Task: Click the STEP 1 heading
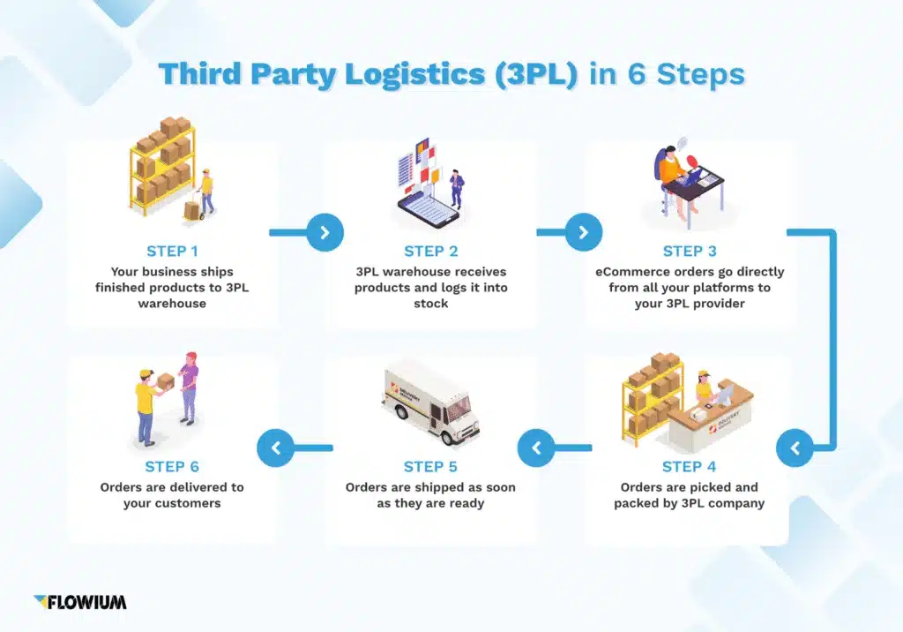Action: (x=172, y=252)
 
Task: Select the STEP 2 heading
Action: (x=430, y=252)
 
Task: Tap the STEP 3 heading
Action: (x=690, y=252)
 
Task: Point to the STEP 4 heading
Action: (x=690, y=466)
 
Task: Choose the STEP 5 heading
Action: (x=430, y=466)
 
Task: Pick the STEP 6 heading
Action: (x=172, y=466)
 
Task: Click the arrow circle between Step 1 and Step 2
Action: (x=325, y=233)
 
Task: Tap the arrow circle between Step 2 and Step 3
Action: (x=583, y=233)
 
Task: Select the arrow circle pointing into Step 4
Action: (x=795, y=448)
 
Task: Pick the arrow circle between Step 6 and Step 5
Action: (x=276, y=448)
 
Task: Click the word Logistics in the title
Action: (x=414, y=75)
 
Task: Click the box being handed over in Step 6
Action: (x=165, y=380)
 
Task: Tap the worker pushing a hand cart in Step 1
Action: (x=205, y=191)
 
